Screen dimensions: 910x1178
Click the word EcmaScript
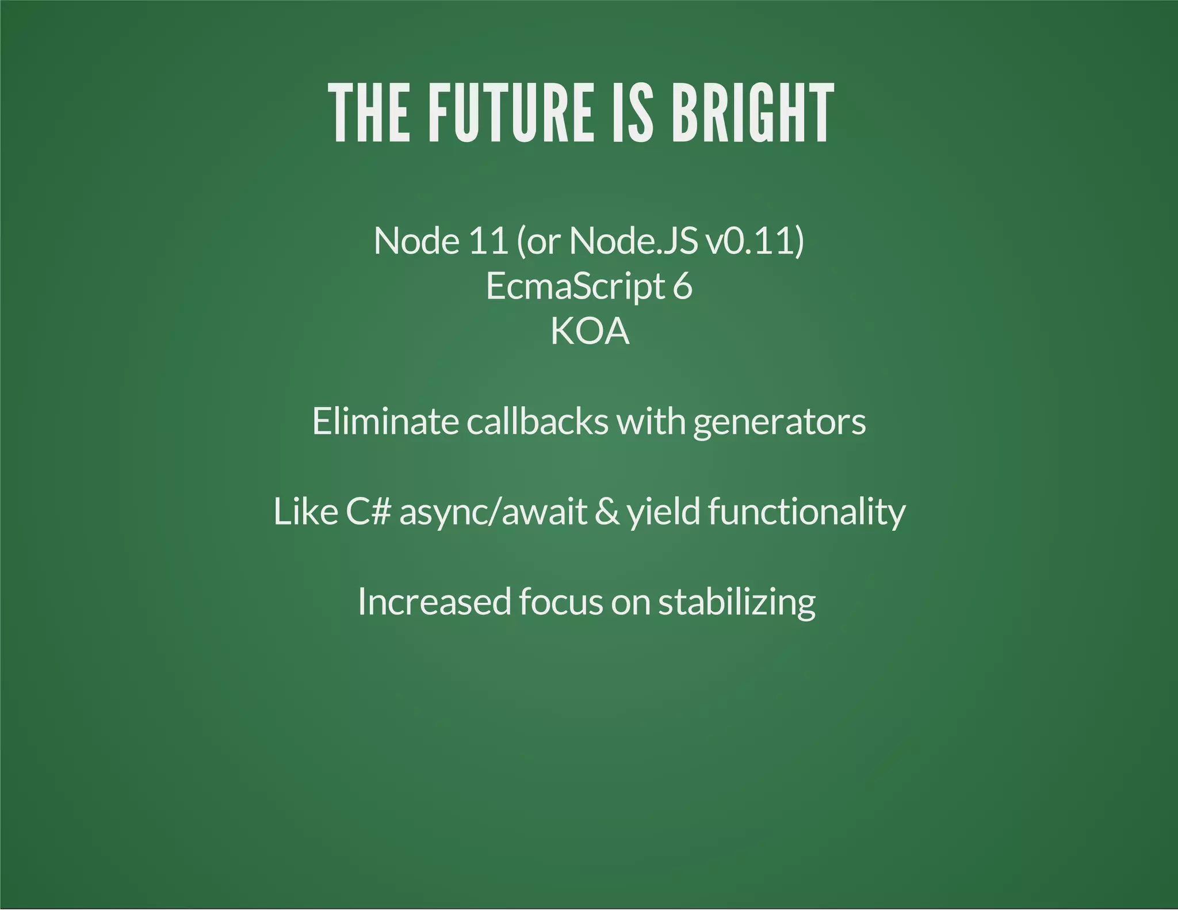[575, 286]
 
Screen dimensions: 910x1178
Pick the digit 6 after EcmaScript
[682, 286]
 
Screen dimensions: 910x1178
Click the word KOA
[590, 331]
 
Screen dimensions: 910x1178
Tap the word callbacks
[537, 421]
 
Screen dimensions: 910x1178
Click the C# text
[368, 511]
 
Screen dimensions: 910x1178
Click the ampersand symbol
[607, 511]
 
